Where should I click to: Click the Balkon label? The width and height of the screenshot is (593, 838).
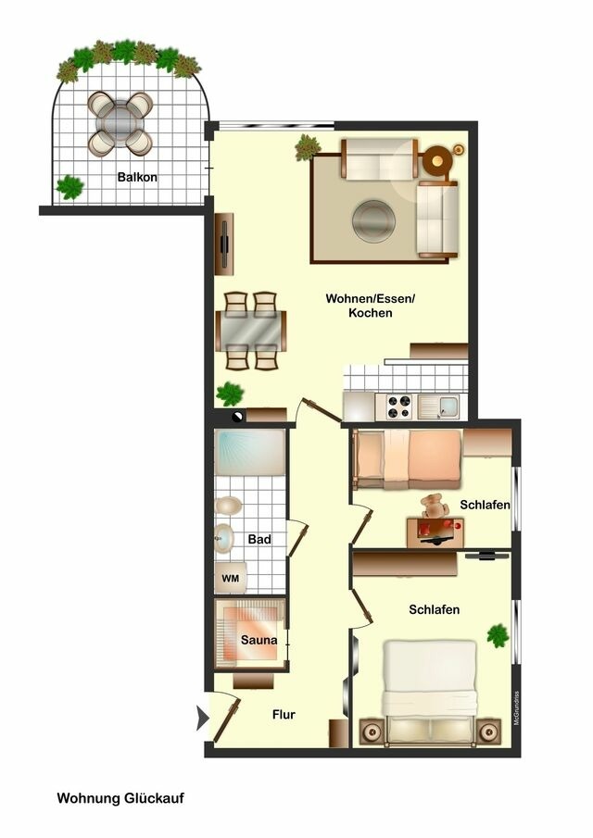point(137,177)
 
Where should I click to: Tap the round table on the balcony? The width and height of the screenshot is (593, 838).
point(120,123)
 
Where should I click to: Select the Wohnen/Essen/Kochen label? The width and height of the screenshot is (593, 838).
point(370,306)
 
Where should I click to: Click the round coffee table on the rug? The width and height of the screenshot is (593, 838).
point(373,219)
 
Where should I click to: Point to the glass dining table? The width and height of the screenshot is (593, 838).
point(251,331)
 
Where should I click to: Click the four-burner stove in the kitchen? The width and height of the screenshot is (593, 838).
point(399,406)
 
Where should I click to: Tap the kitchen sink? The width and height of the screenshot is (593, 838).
point(438,406)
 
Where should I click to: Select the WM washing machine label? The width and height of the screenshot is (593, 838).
point(231,578)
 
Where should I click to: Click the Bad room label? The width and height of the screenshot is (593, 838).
point(259,539)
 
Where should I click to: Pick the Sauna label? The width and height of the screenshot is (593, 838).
point(259,640)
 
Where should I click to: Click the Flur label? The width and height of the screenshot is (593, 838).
point(284,715)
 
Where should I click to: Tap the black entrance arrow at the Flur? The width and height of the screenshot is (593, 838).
point(202,718)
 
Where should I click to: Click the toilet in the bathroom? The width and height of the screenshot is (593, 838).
point(228,506)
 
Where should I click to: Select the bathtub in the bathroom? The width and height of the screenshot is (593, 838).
point(250,452)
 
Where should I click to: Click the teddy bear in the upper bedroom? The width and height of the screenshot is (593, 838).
point(433,507)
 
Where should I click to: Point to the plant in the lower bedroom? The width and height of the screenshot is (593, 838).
point(498,635)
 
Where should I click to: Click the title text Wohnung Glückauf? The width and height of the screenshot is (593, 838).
point(120,798)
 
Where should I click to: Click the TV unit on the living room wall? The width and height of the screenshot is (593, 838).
point(224,244)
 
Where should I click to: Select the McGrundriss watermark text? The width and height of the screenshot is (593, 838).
point(516,708)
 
